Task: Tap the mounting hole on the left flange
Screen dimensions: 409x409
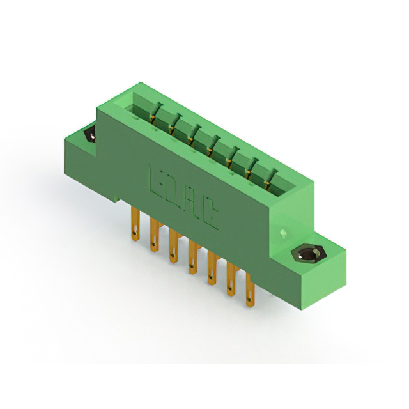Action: (x=89, y=135)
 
